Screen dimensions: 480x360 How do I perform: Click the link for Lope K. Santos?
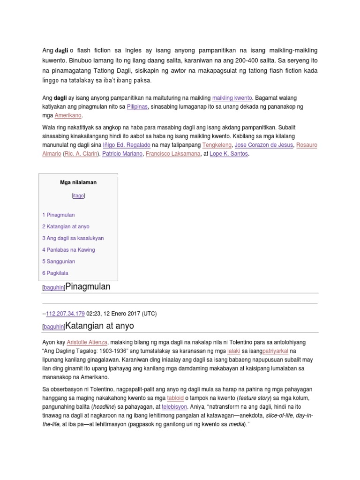click(x=229, y=154)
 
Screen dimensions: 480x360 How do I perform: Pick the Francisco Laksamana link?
click(x=172, y=154)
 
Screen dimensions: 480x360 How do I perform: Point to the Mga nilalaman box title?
click(x=78, y=182)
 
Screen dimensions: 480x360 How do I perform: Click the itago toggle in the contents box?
click(x=78, y=195)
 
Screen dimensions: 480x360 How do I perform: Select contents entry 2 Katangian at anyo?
click(x=66, y=226)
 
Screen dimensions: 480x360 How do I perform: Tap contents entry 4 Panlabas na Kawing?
click(x=68, y=250)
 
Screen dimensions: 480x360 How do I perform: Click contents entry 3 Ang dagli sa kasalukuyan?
click(x=73, y=238)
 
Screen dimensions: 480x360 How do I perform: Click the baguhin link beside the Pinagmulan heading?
click(x=53, y=288)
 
